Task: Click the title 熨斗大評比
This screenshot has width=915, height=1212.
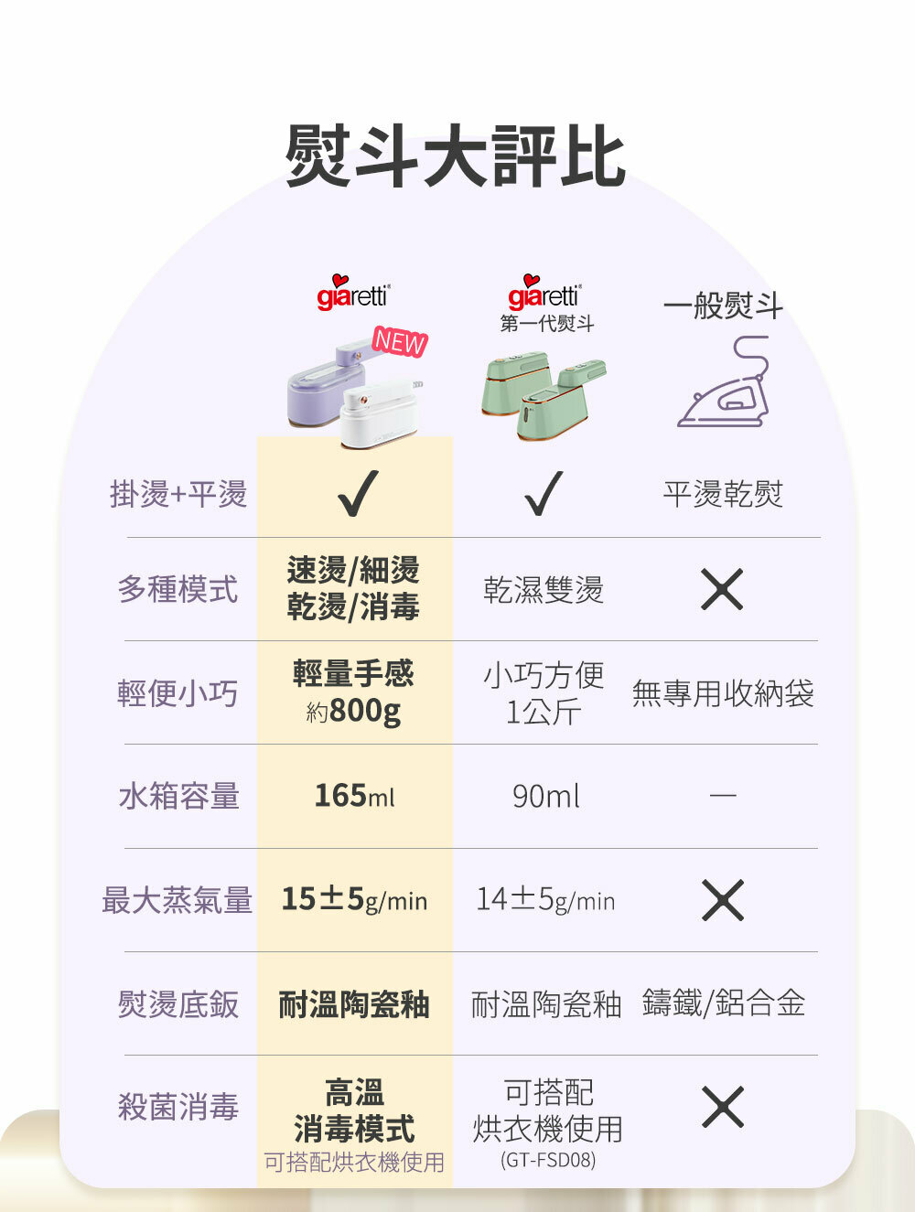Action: click(456, 156)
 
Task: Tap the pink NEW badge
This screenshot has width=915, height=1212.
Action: click(400, 342)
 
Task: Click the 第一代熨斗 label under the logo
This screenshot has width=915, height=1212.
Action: click(546, 324)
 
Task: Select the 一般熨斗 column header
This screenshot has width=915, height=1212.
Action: click(723, 306)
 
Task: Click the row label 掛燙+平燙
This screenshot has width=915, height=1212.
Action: click(178, 494)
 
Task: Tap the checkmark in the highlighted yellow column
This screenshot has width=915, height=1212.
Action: click(356, 494)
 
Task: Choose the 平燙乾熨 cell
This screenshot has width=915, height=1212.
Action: click(723, 494)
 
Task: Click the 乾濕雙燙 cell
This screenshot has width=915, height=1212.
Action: click(544, 590)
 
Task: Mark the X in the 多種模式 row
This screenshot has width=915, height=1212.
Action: click(722, 589)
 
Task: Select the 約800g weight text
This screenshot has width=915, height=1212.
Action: click(354, 711)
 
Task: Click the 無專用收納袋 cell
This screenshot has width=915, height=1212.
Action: click(723, 693)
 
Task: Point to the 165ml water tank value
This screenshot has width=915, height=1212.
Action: click(354, 796)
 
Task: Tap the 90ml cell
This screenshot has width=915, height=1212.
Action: click(545, 797)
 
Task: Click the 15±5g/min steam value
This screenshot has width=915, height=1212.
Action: click(354, 900)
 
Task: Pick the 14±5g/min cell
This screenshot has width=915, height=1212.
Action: click(545, 900)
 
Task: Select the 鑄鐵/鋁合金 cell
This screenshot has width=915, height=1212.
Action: click(724, 1003)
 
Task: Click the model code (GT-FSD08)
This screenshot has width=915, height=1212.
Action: click(547, 1160)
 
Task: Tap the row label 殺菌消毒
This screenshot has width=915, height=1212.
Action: click(178, 1107)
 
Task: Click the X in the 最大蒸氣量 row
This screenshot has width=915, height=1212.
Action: click(722, 900)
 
